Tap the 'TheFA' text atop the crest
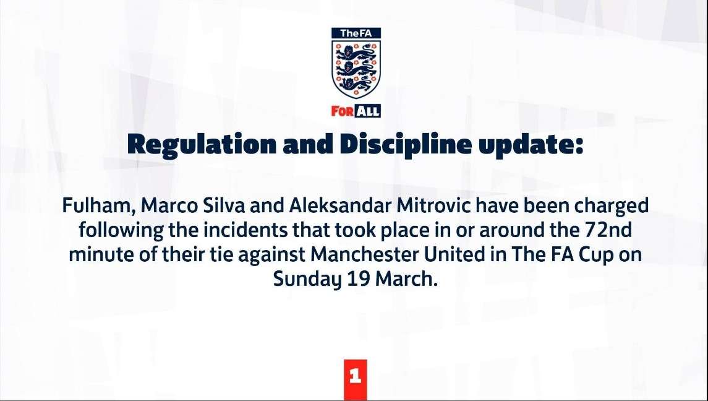356,33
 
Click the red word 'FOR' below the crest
343,111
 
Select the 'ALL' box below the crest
368,111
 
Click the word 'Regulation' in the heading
202,145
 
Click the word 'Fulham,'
100,205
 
